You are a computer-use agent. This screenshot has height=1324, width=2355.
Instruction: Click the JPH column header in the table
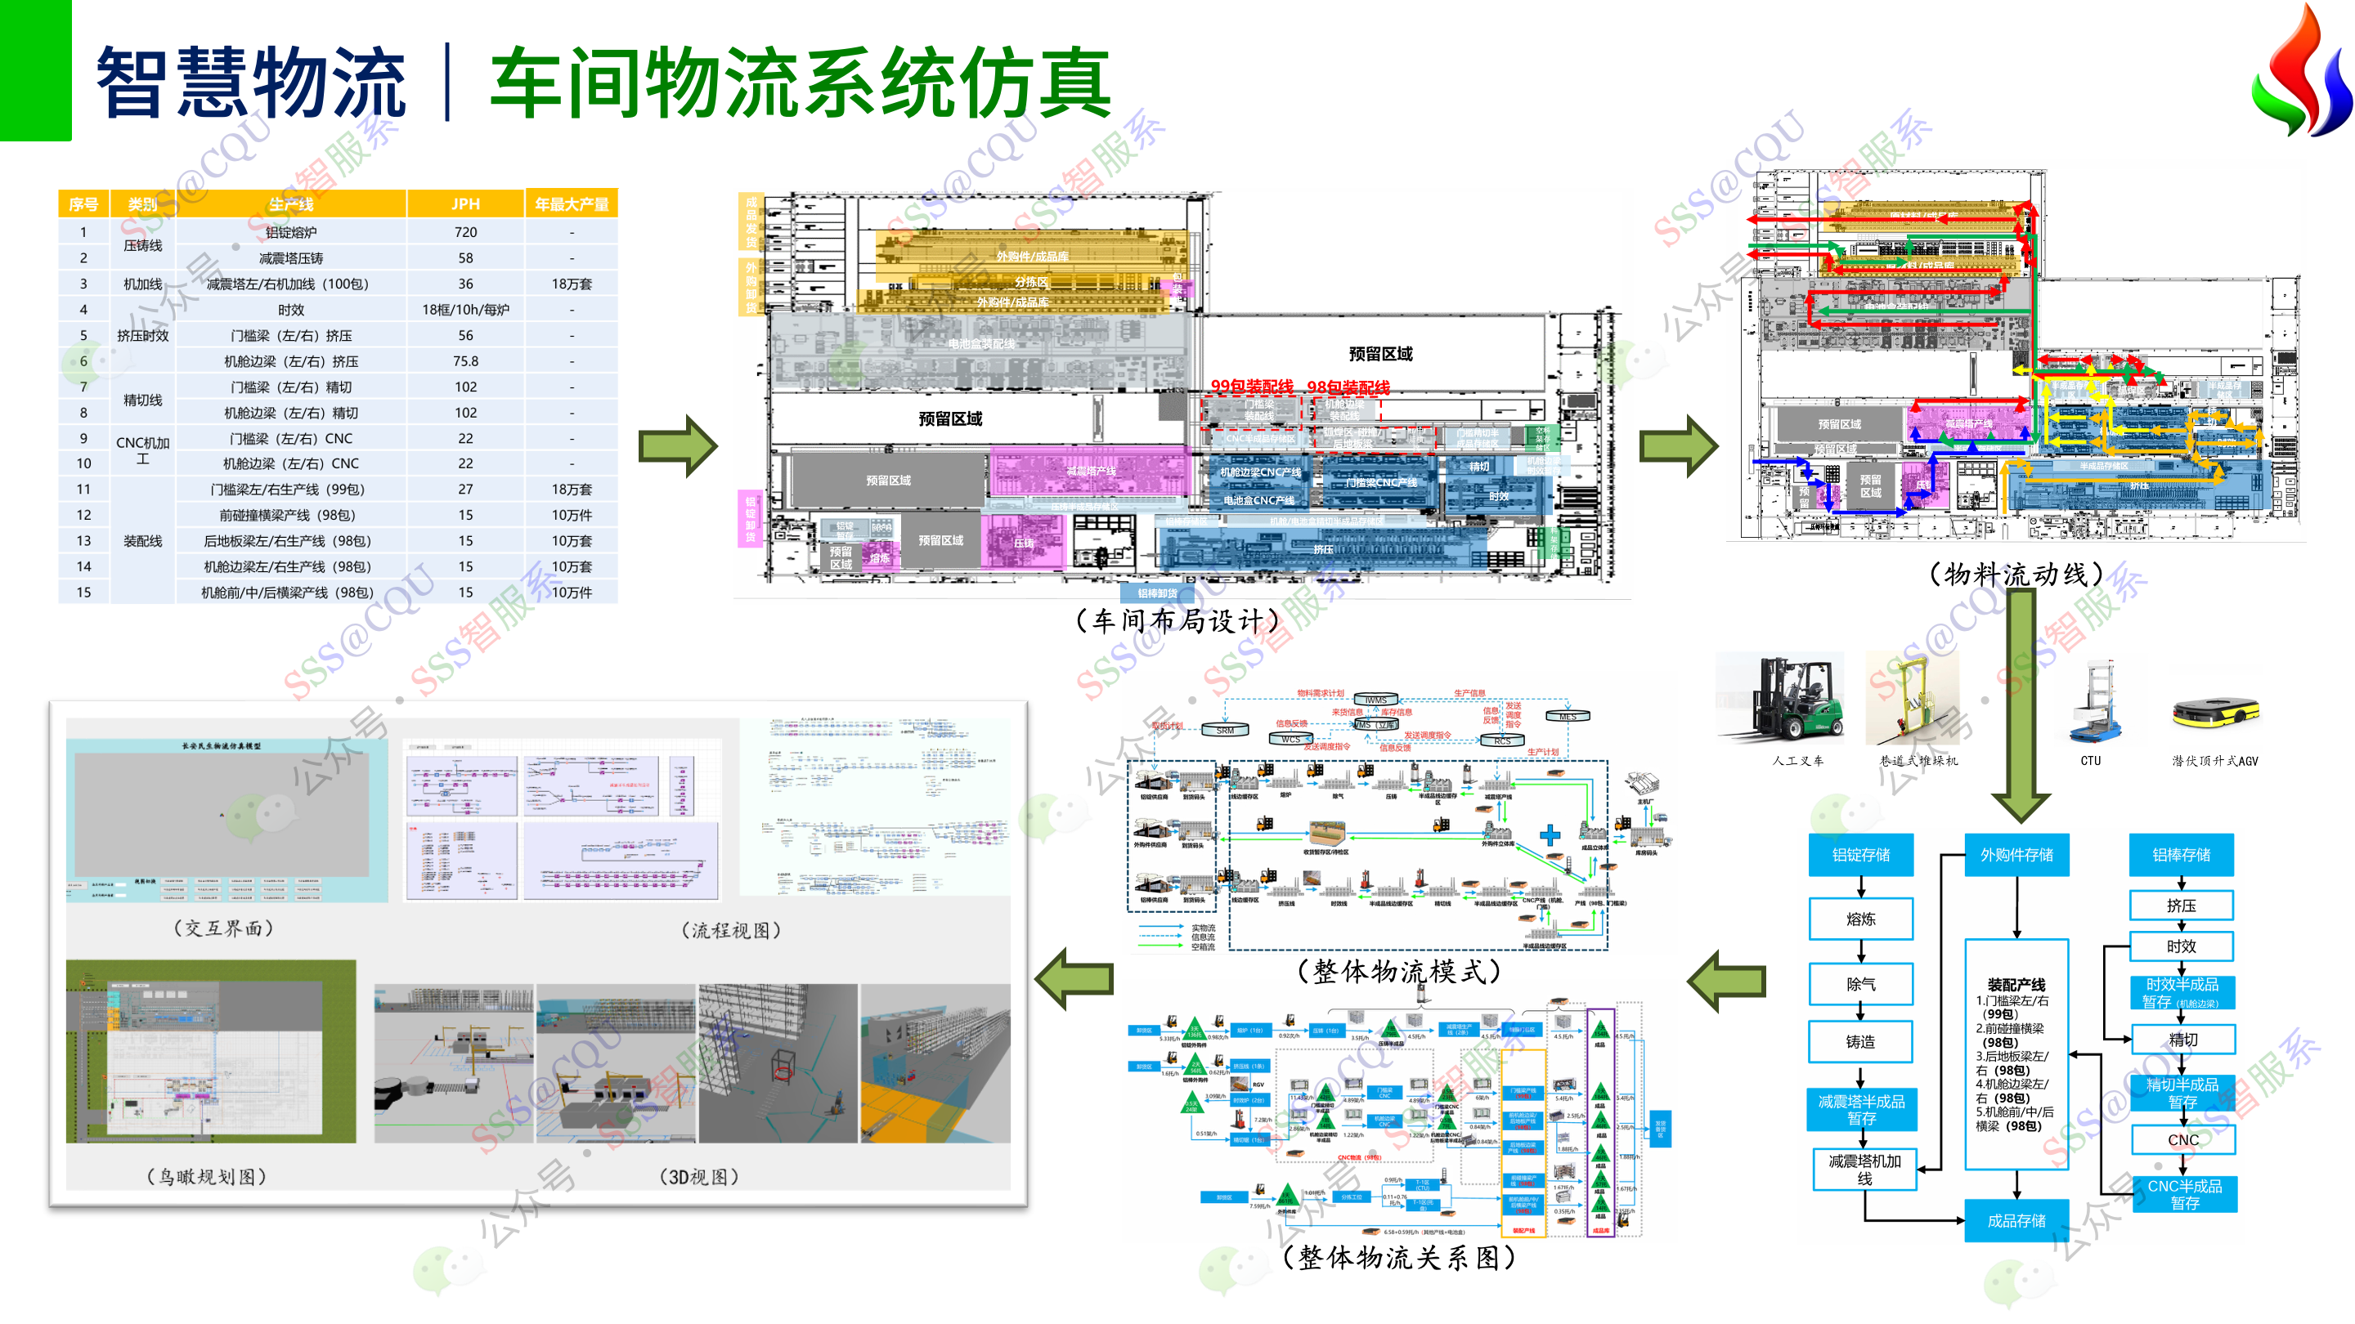(x=465, y=204)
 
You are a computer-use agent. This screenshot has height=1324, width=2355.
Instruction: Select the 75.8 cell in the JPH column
(x=465, y=361)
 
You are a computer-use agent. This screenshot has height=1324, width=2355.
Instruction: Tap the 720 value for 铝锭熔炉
(x=465, y=232)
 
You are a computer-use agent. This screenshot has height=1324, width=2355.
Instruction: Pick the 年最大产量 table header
(x=572, y=204)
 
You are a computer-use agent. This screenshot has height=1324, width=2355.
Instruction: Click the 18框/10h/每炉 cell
(x=465, y=310)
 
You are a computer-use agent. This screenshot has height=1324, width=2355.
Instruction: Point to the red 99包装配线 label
(x=1252, y=387)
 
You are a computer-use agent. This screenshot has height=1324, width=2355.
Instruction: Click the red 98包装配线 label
(x=1348, y=387)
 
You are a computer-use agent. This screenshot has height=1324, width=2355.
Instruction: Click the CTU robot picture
(x=2093, y=704)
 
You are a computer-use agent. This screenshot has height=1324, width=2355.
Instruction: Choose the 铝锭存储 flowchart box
(x=1860, y=854)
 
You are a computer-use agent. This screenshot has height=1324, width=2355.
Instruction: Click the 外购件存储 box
(x=2016, y=854)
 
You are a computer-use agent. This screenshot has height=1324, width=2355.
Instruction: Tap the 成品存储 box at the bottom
(x=2016, y=1220)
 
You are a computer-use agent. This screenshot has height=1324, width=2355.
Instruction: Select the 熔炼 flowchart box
(x=1860, y=919)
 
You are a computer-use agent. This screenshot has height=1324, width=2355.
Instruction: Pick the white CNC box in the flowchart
(x=2182, y=1139)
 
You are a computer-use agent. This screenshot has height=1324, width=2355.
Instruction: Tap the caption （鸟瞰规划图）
(x=208, y=1176)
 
